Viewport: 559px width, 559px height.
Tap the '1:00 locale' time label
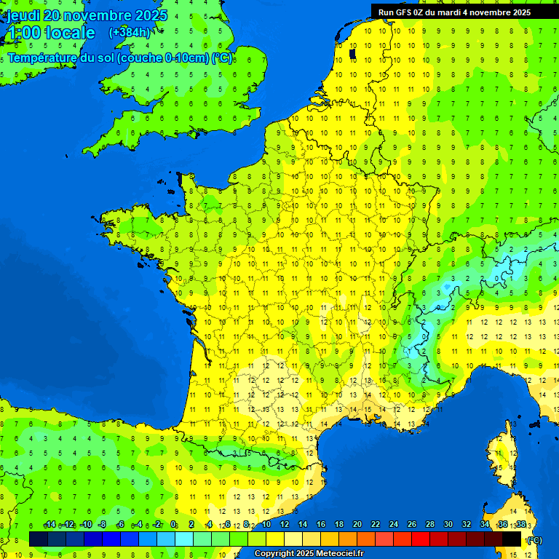(51, 33)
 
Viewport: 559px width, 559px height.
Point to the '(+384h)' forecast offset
(130, 32)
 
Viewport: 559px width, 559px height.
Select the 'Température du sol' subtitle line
(120, 58)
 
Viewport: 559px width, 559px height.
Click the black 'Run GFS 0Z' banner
(464, 12)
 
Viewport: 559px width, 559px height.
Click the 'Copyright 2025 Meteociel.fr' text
(309, 554)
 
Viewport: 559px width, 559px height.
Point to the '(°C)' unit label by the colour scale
(534, 539)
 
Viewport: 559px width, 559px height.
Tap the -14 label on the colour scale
(49, 525)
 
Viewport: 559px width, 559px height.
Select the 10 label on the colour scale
(266, 525)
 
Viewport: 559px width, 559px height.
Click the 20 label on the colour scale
(357, 525)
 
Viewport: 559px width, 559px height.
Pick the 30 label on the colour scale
(448, 525)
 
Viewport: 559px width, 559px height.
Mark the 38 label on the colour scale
(520, 525)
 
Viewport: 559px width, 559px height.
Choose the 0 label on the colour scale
(173, 525)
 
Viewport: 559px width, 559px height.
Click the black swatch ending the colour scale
(512, 539)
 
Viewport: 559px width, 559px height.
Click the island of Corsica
(501, 455)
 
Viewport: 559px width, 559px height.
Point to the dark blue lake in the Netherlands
(352, 53)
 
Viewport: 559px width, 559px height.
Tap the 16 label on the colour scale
(320, 525)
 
